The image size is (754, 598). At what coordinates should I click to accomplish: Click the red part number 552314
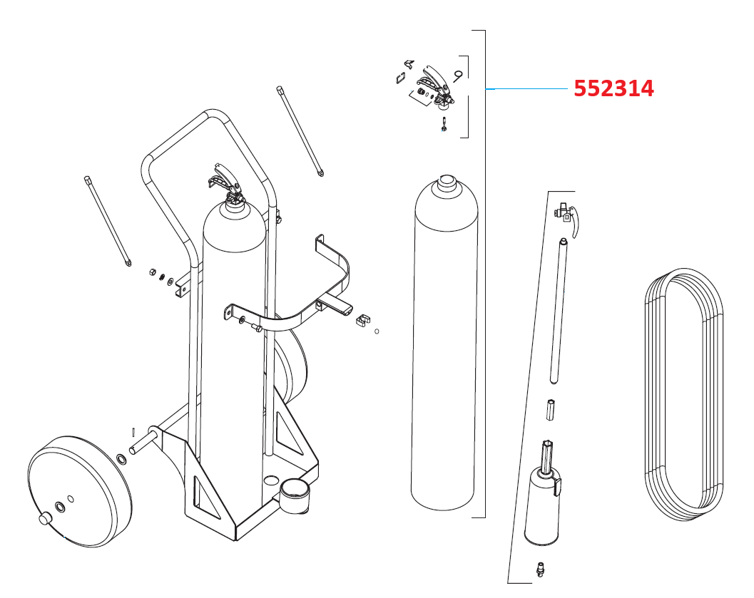pyautogui.click(x=613, y=88)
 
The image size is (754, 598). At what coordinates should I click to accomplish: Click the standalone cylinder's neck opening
pyautogui.click(x=447, y=180)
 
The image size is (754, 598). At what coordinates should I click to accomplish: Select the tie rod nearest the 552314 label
pyautogui.click(x=300, y=131)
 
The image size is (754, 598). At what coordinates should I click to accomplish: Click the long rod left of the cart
pyautogui.click(x=107, y=221)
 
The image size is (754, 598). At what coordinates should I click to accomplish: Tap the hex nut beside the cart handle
pyautogui.click(x=151, y=272)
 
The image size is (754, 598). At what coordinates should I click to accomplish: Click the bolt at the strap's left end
pyautogui.click(x=255, y=329)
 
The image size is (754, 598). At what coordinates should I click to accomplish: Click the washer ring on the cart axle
pyautogui.click(x=122, y=457)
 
